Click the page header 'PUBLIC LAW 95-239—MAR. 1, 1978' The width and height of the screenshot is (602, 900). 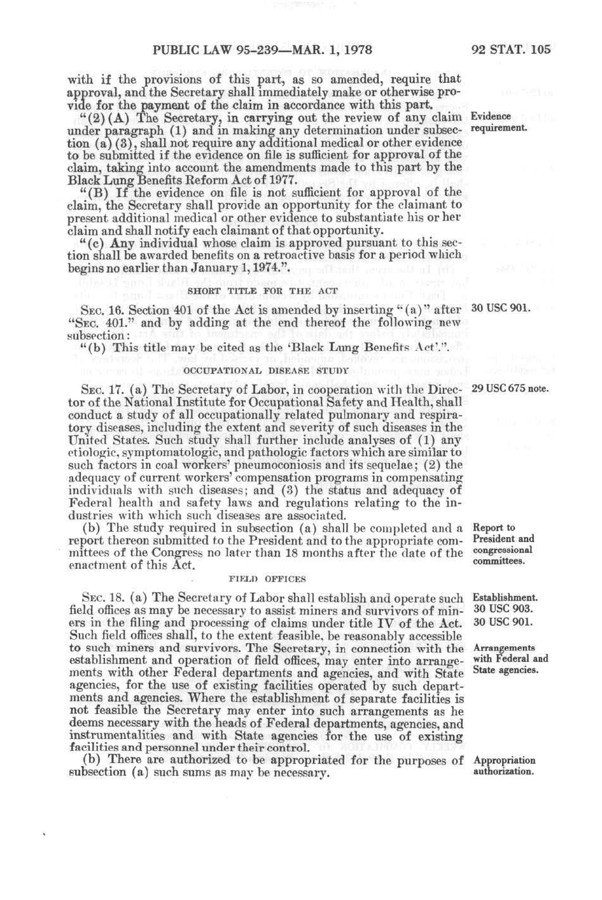point(262,50)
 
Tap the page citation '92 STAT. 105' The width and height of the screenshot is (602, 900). point(511,50)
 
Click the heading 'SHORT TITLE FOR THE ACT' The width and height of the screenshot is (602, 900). point(263,290)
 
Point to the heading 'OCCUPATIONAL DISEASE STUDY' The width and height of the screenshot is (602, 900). point(266,369)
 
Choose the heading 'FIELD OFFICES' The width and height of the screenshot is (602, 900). point(267,579)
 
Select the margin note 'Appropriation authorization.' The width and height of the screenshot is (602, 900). point(504,766)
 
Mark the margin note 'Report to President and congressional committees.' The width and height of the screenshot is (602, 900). point(503,545)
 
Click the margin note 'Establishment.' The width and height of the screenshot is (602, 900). point(505,598)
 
